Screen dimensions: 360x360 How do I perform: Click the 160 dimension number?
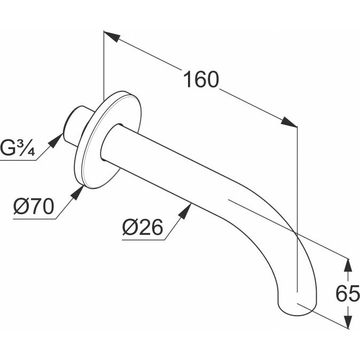[201, 79]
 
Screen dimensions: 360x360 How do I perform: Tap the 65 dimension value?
[348, 294]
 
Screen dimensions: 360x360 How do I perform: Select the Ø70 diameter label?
[34, 206]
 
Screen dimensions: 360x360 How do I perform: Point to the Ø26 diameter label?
[143, 228]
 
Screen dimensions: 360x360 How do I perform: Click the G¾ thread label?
[18, 147]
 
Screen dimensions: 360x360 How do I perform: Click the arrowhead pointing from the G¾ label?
[56, 140]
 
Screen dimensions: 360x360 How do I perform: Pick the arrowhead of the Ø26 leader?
[185, 211]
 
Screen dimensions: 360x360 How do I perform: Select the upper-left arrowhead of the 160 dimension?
[112, 36]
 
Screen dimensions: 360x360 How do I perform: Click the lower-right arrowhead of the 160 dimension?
[289, 122]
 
